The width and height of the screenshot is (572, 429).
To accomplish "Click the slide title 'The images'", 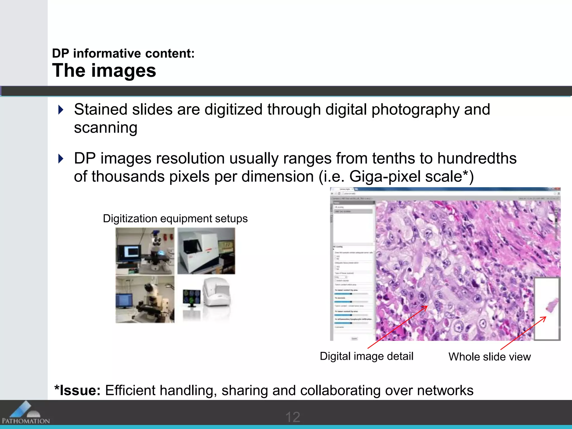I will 104,70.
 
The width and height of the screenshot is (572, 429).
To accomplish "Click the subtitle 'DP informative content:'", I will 123,53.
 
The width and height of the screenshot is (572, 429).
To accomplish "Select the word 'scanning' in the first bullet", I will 106,128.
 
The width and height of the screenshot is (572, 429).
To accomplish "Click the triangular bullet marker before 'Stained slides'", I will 61,109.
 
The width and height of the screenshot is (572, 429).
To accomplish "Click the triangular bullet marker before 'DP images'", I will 61,159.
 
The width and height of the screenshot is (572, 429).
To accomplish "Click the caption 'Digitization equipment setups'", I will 175,218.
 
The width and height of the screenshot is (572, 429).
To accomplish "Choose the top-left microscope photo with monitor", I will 145,251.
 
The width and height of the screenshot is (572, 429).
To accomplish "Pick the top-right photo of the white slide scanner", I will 206,251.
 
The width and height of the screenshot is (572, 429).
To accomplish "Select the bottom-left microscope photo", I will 145,299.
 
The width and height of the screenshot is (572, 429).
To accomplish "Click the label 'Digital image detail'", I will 366,356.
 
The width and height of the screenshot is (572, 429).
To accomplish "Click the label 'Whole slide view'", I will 489,357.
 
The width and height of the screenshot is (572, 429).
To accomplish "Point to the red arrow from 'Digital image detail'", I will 398,327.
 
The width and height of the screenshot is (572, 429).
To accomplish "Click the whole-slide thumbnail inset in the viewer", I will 547,309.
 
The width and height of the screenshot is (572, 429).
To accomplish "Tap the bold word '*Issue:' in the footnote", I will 77,390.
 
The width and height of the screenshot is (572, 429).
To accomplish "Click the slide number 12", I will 293,417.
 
